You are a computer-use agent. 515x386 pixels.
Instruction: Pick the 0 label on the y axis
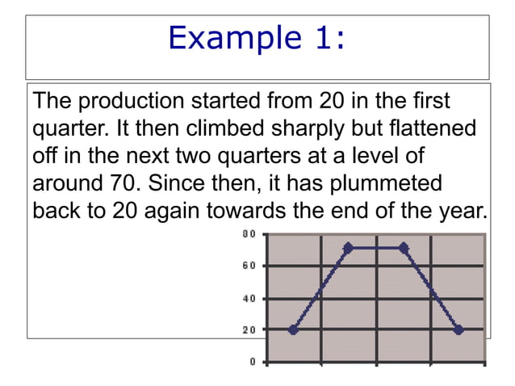252,362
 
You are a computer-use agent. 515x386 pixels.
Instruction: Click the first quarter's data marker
292,329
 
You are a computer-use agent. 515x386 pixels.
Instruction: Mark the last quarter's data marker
458,329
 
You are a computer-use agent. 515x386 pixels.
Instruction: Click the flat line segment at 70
376,248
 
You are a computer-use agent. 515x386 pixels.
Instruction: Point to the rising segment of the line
321,287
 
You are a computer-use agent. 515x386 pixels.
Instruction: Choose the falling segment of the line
431,288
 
